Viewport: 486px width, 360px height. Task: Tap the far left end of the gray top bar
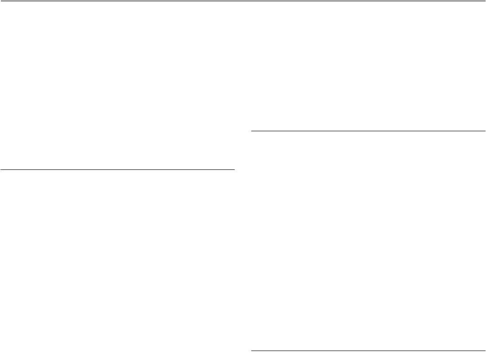(1, 1)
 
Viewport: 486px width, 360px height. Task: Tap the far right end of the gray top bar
(484, 1)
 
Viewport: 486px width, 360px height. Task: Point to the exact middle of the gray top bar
(243, 1)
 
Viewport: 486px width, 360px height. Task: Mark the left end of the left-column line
(1, 169)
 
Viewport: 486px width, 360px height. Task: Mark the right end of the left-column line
(234, 169)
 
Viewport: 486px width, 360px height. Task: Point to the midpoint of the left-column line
(118, 169)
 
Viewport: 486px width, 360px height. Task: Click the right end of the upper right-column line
(485, 131)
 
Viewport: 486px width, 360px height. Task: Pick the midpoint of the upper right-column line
(368, 131)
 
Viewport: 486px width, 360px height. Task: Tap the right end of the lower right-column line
(485, 350)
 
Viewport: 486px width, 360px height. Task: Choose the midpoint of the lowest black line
(368, 350)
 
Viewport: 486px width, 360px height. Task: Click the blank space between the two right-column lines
(368, 240)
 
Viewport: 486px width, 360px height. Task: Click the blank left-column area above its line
(118, 85)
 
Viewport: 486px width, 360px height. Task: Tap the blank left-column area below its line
(118, 265)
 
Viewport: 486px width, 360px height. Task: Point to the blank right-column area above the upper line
(368, 67)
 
